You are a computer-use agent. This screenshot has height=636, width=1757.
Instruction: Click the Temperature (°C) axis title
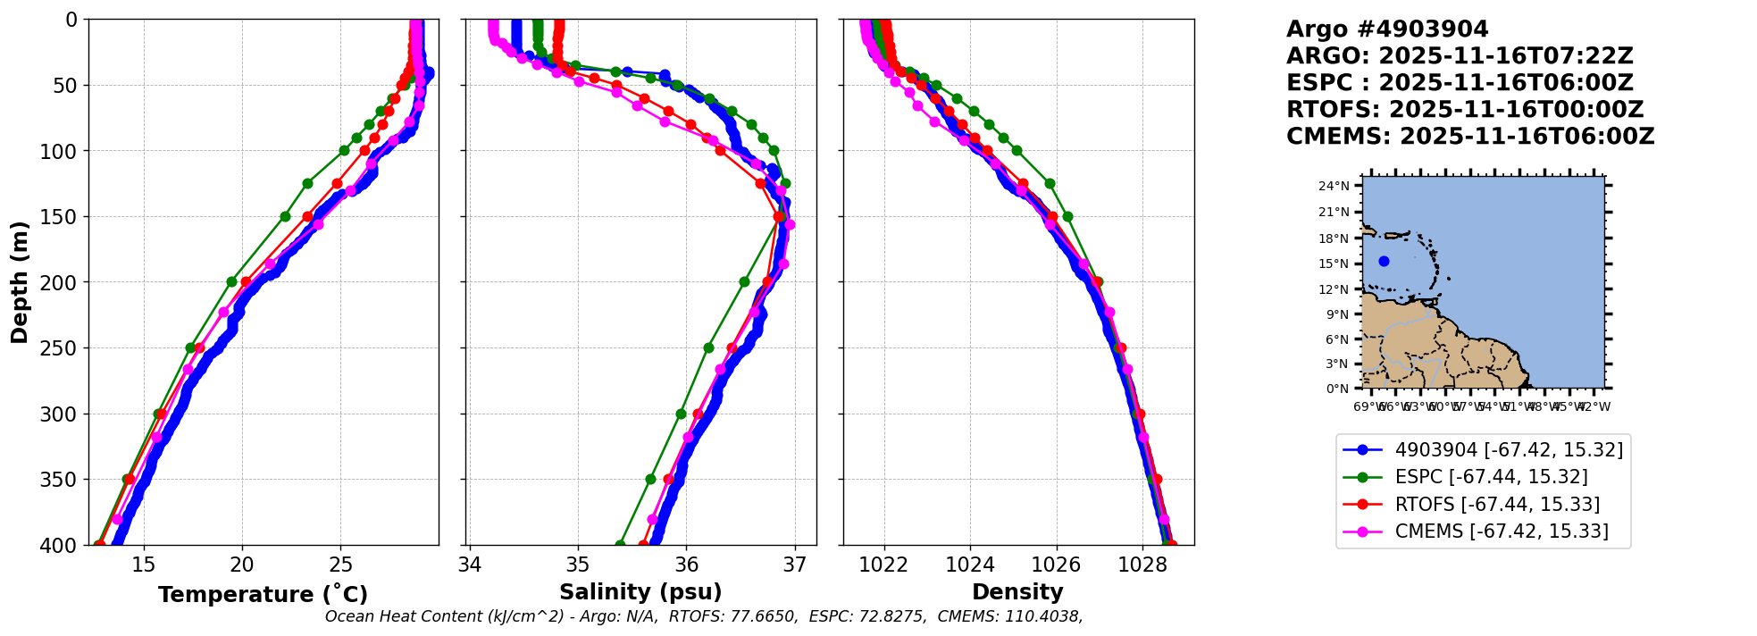(x=263, y=595)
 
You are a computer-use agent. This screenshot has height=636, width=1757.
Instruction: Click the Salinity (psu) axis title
(x=640, y=592)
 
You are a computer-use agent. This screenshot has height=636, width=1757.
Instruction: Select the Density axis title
(x=1017, y=592)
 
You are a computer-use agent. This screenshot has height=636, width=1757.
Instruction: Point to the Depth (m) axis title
(x=20, y=282)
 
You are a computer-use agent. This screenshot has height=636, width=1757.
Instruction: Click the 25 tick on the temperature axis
(x=341, y=565)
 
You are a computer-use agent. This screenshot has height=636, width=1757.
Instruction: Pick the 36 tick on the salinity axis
(x=686, y=565)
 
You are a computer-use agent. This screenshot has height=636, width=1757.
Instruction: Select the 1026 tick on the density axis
(x=1056, y=565)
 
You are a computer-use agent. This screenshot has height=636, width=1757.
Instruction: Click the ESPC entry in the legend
(x=1491, y=477)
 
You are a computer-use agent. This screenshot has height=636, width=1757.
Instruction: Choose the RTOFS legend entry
(x=1497, y=505)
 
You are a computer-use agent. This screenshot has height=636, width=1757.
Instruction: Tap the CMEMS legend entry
(x=1501, y=531)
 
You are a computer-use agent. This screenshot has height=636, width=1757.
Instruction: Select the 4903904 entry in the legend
(x=1509, y=450)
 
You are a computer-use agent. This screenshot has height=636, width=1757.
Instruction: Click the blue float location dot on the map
(x=1384, y=262)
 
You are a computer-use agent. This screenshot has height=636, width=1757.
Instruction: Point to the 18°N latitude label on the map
(x=1336, y=238)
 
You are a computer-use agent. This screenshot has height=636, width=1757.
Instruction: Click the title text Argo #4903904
(x=1387, y=29)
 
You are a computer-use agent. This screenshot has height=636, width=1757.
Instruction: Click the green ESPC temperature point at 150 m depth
(x=285, y=216)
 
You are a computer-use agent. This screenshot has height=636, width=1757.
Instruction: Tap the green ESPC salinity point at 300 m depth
(x=681, y=414)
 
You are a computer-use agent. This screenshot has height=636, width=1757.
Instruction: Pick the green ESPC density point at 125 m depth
(x=1050, y=183)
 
